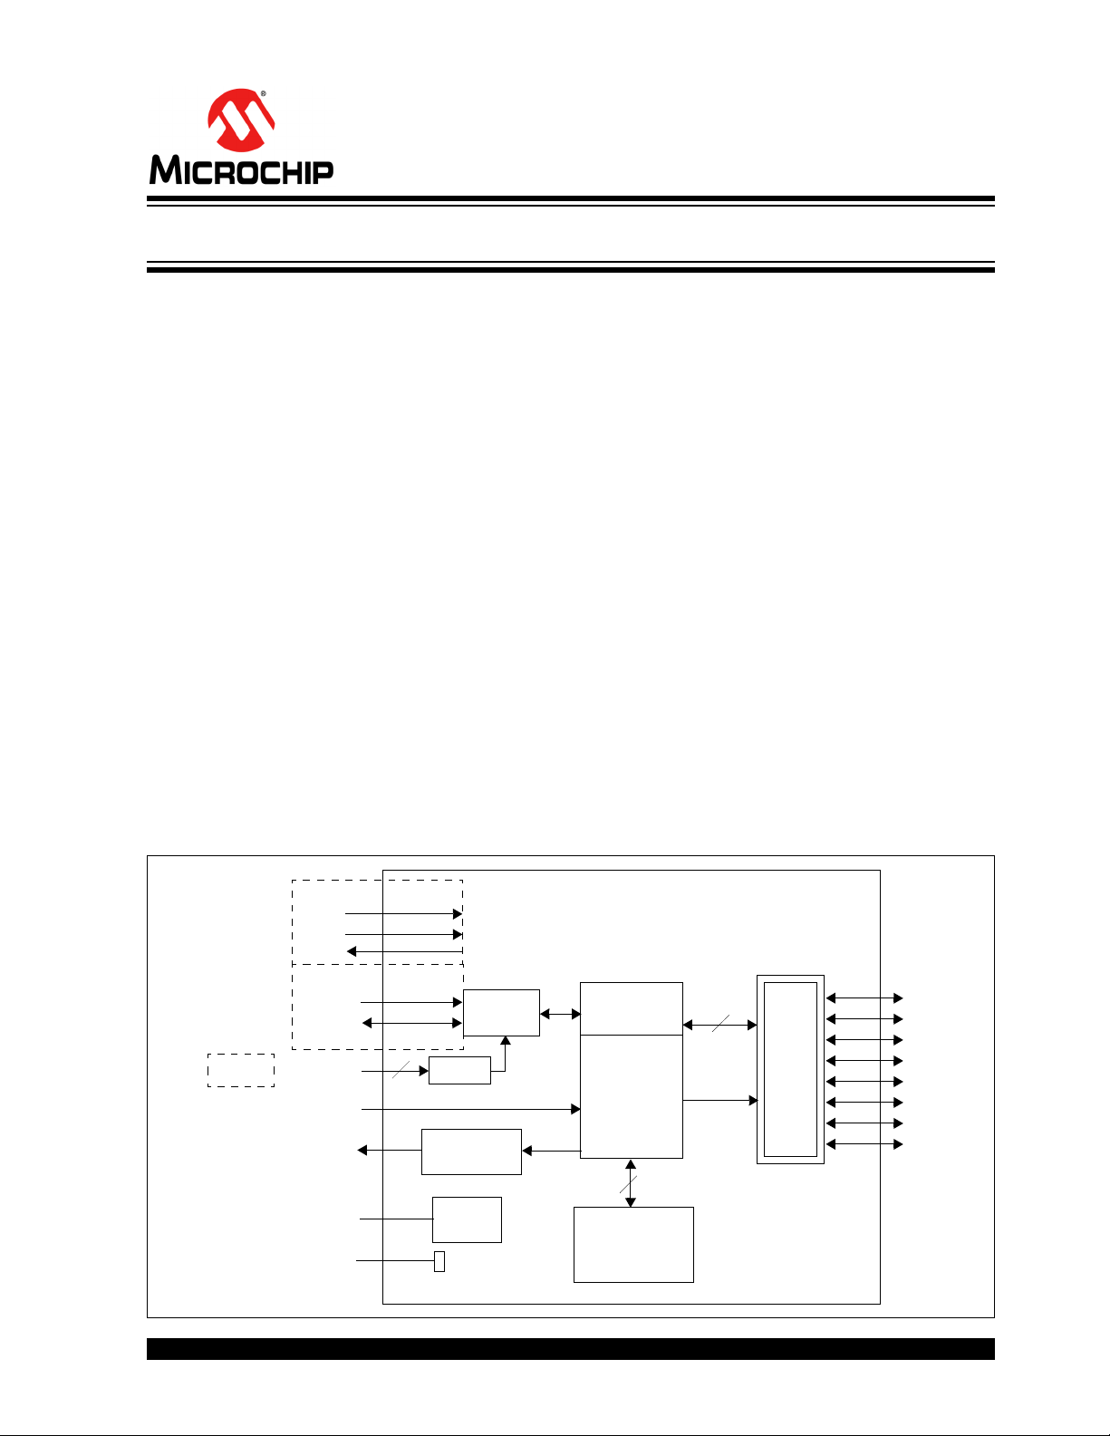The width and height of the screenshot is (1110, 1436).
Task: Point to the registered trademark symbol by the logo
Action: [264, 94]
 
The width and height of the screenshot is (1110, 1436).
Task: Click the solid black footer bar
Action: [570, 1349]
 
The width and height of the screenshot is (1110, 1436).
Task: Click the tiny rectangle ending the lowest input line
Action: [439, 1261]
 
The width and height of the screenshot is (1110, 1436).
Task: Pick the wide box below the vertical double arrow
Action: [633, 1244]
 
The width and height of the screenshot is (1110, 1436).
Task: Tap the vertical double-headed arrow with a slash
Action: [631, 1183]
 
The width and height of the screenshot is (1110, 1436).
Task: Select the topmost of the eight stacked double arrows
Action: [864, 997]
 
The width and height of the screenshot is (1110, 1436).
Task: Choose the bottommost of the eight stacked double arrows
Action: [864, 1144]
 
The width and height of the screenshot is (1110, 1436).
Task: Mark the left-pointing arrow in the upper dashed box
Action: [404, 951]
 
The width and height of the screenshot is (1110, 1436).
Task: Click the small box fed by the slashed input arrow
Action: [460, 1070]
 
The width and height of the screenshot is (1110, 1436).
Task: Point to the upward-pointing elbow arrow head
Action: [506, 1041]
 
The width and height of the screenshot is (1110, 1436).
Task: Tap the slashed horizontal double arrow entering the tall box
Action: [719, 1025]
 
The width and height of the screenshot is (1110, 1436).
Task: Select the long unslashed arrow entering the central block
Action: [471, 1109]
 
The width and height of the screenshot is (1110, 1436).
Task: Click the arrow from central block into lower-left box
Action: [551, 1151]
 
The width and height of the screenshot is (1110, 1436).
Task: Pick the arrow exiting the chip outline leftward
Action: [390, 1151]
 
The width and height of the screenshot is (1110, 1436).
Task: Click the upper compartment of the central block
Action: [631, 1008]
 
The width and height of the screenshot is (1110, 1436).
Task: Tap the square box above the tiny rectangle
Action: [468, 1219]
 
